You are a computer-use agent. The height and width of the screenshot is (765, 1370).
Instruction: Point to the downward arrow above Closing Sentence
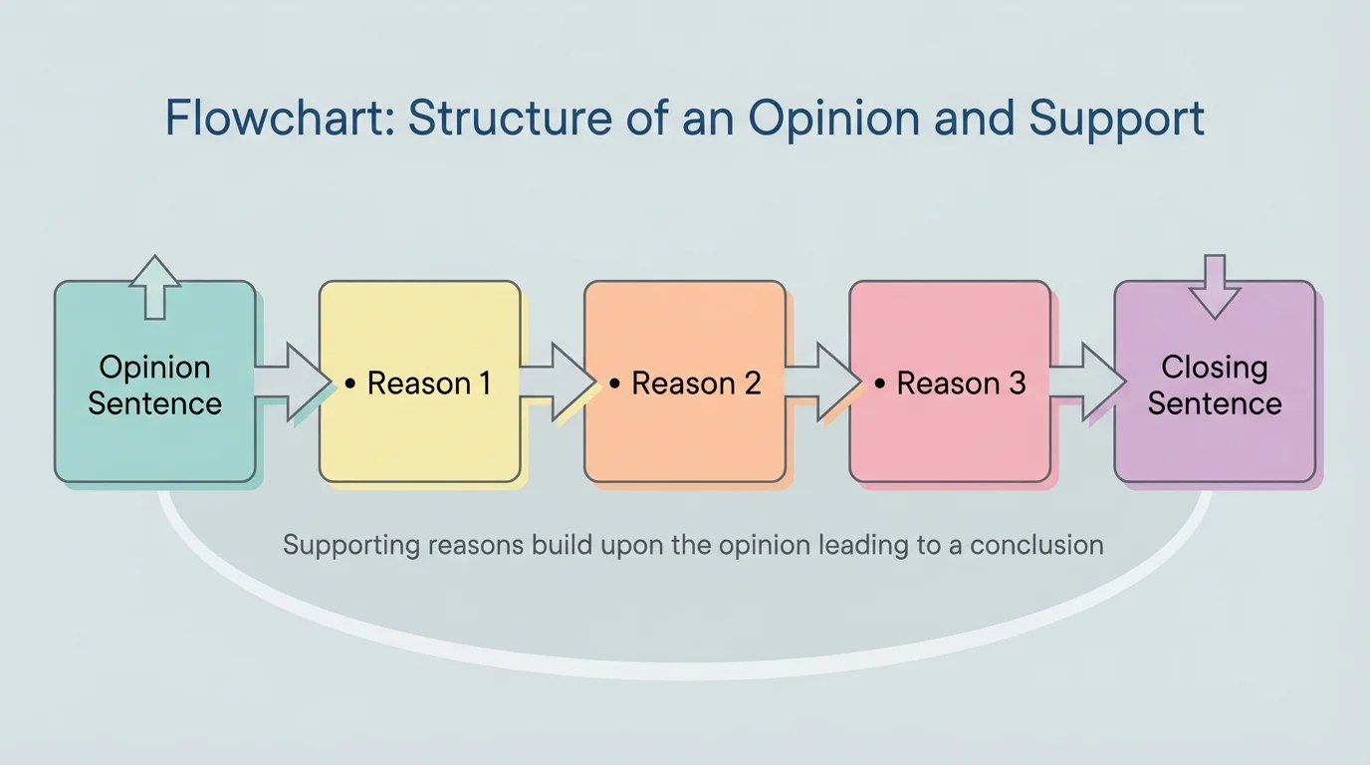[x=1215, y=287]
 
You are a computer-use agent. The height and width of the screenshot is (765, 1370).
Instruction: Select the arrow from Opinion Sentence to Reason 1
[x=292, y=382]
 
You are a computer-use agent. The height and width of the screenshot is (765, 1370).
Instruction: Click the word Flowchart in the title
[x=280, y=119]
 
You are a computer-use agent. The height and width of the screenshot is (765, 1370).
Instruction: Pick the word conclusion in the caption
[x=1036, y=546]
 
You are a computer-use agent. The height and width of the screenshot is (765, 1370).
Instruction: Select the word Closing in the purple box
[x=1214, y=368]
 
